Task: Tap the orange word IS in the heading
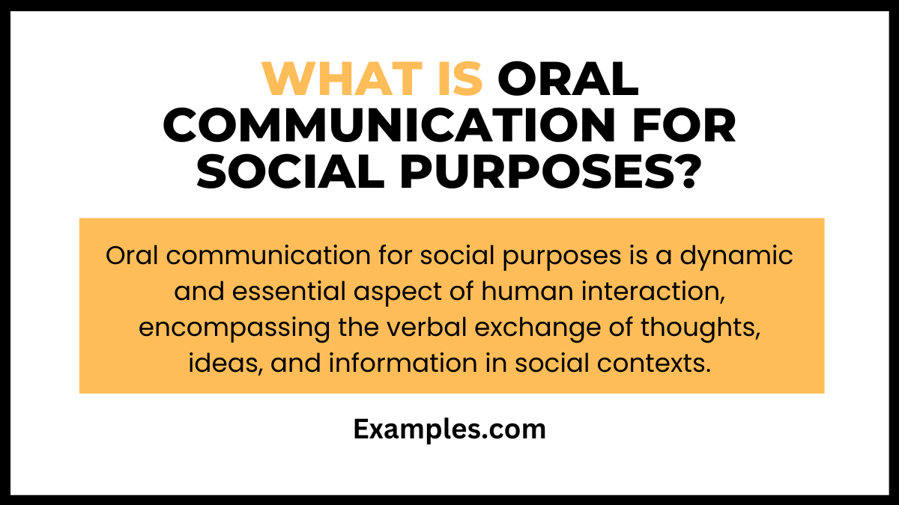[458, 79]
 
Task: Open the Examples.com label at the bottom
[449, 430]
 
